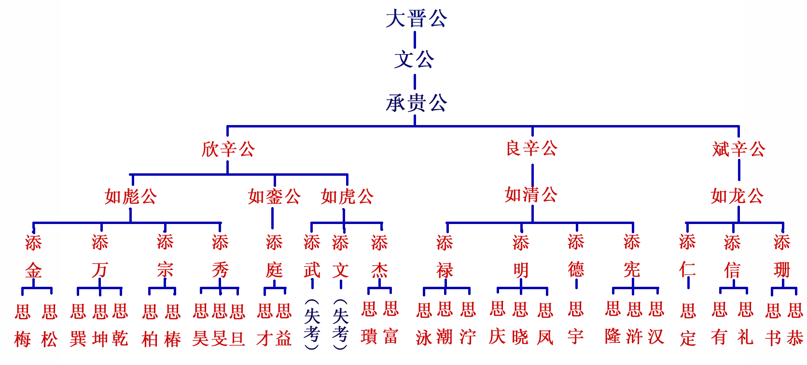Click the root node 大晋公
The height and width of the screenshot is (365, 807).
pyautogui.click(x=416, y=19)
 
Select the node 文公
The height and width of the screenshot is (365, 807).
pyautogui.click(x=414, y=60)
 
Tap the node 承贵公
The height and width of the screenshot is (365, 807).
pyautogui.click(x=416, y=103)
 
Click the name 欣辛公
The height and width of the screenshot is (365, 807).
pyautogui.click(x=228, y=149)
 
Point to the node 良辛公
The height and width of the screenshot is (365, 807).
pyautogui.click(x=531, y=148)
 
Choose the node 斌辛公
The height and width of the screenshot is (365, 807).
pyautogui.click(x=738, y=149)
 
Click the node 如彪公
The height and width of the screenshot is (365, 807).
pyautogui.click(x=131, y=197)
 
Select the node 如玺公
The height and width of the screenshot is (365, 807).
pyautogui.click(x=274, y=197)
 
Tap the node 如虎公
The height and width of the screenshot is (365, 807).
pyautogui.click(x=347, y=197)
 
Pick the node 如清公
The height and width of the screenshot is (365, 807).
pyautogui.click(x=531, y=195)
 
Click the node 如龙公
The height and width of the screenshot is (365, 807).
pyautogui.click(x=737, y=196)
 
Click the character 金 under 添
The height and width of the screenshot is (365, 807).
pyautogui.click(x=33, y=270)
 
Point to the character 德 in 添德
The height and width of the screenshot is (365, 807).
pyautogui.click(x=576, y=269)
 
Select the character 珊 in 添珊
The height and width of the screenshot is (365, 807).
pyautogui.click(x=782, y=270)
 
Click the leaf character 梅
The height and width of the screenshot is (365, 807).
pyautogui.click(x=23, y=339)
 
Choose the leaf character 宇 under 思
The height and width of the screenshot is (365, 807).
pyautogui.click(x=575, y=337)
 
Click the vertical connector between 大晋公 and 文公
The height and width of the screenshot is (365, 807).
pyautogui.click(x=415, y=40)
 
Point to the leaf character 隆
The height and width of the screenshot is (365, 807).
pyautogui.click(x=613, y=336)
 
